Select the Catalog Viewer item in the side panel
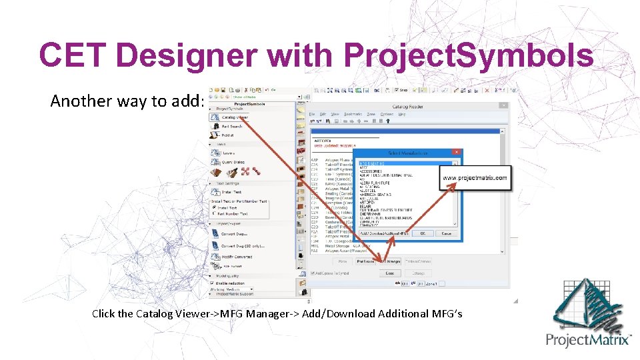coord(235,117)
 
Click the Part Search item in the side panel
coord(232,126)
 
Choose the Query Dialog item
coord(233,162)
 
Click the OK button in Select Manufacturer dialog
coord(423,233)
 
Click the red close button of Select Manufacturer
coord(456,153)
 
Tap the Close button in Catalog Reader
coord(390,273)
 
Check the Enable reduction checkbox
coord(215,283)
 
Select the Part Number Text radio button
coord(215,213)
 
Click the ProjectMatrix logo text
coord(589,339)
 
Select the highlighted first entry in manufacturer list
coord(374,163)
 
